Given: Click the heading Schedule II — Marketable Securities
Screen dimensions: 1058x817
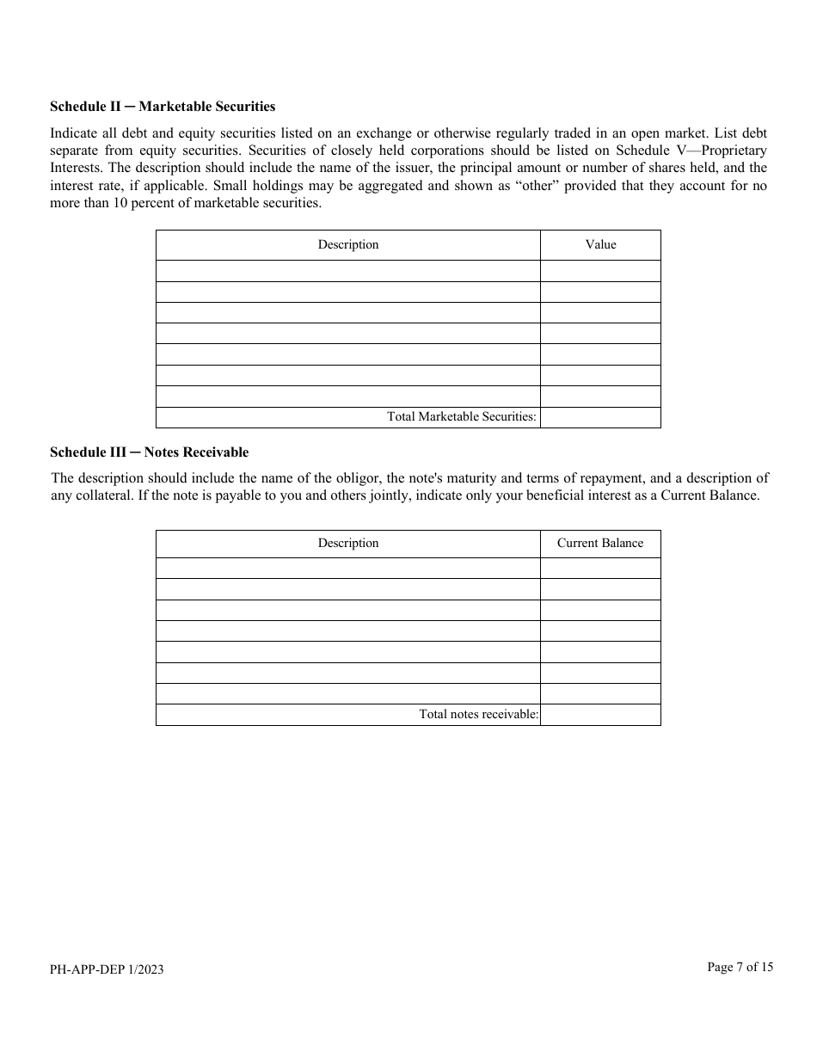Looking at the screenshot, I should click(163, 107).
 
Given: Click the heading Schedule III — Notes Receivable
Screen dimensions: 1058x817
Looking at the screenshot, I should click(149, 452).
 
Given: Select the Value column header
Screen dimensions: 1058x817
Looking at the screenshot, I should click(600, 245).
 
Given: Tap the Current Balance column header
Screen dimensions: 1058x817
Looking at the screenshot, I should click(600, 544).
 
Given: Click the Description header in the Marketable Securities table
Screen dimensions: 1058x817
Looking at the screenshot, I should click(347, 245).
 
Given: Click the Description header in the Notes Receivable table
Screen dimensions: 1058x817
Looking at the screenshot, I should click(347, 544).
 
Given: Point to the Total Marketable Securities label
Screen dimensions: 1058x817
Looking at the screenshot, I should click(461, 417).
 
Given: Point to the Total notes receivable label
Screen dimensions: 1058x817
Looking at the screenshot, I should click(478, 715).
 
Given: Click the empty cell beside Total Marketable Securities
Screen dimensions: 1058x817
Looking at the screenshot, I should click(600, 417).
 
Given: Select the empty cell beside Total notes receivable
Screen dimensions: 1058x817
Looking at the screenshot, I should click(600, 715).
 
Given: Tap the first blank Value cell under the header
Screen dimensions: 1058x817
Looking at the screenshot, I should click(600, 271).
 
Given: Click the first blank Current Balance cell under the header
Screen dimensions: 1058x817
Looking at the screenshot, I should click(600, 568).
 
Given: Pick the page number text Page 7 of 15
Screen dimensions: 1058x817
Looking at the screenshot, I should click(740, 967).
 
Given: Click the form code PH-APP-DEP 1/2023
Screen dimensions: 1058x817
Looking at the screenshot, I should click(107, 969).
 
